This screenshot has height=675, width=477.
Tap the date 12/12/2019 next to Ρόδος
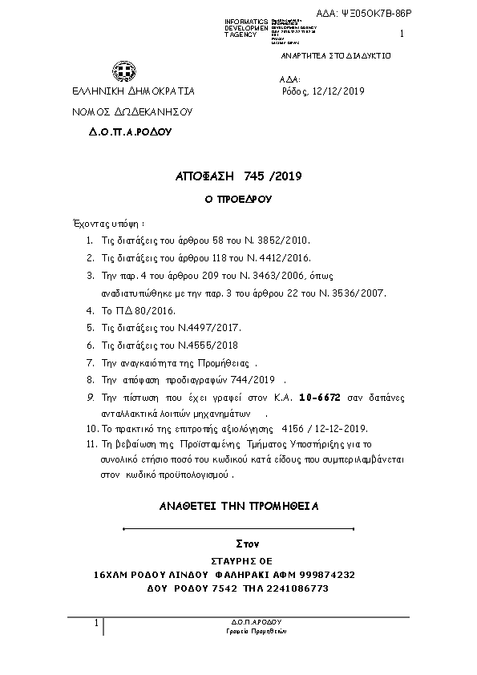pyautogui.click(x=338, y=91)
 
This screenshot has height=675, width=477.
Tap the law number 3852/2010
pyautogui.click(x=280, y=240)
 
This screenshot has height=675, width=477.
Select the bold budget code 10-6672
pyautogui.click(x=319, y=397)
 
